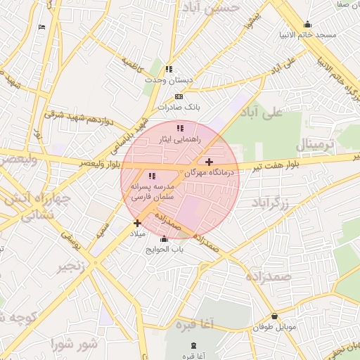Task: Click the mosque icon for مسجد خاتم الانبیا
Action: tap(307, 24)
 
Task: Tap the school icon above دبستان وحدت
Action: tap(168, 69)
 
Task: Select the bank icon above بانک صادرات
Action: tap(179, 96)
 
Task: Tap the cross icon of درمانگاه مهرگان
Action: tap(209, 162)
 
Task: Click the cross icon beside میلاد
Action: tap(137, 224)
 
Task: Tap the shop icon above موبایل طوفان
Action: tap(274, 316)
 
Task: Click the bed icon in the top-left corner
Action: tap(41, 27)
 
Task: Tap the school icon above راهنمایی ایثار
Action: tap(180, 129)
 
